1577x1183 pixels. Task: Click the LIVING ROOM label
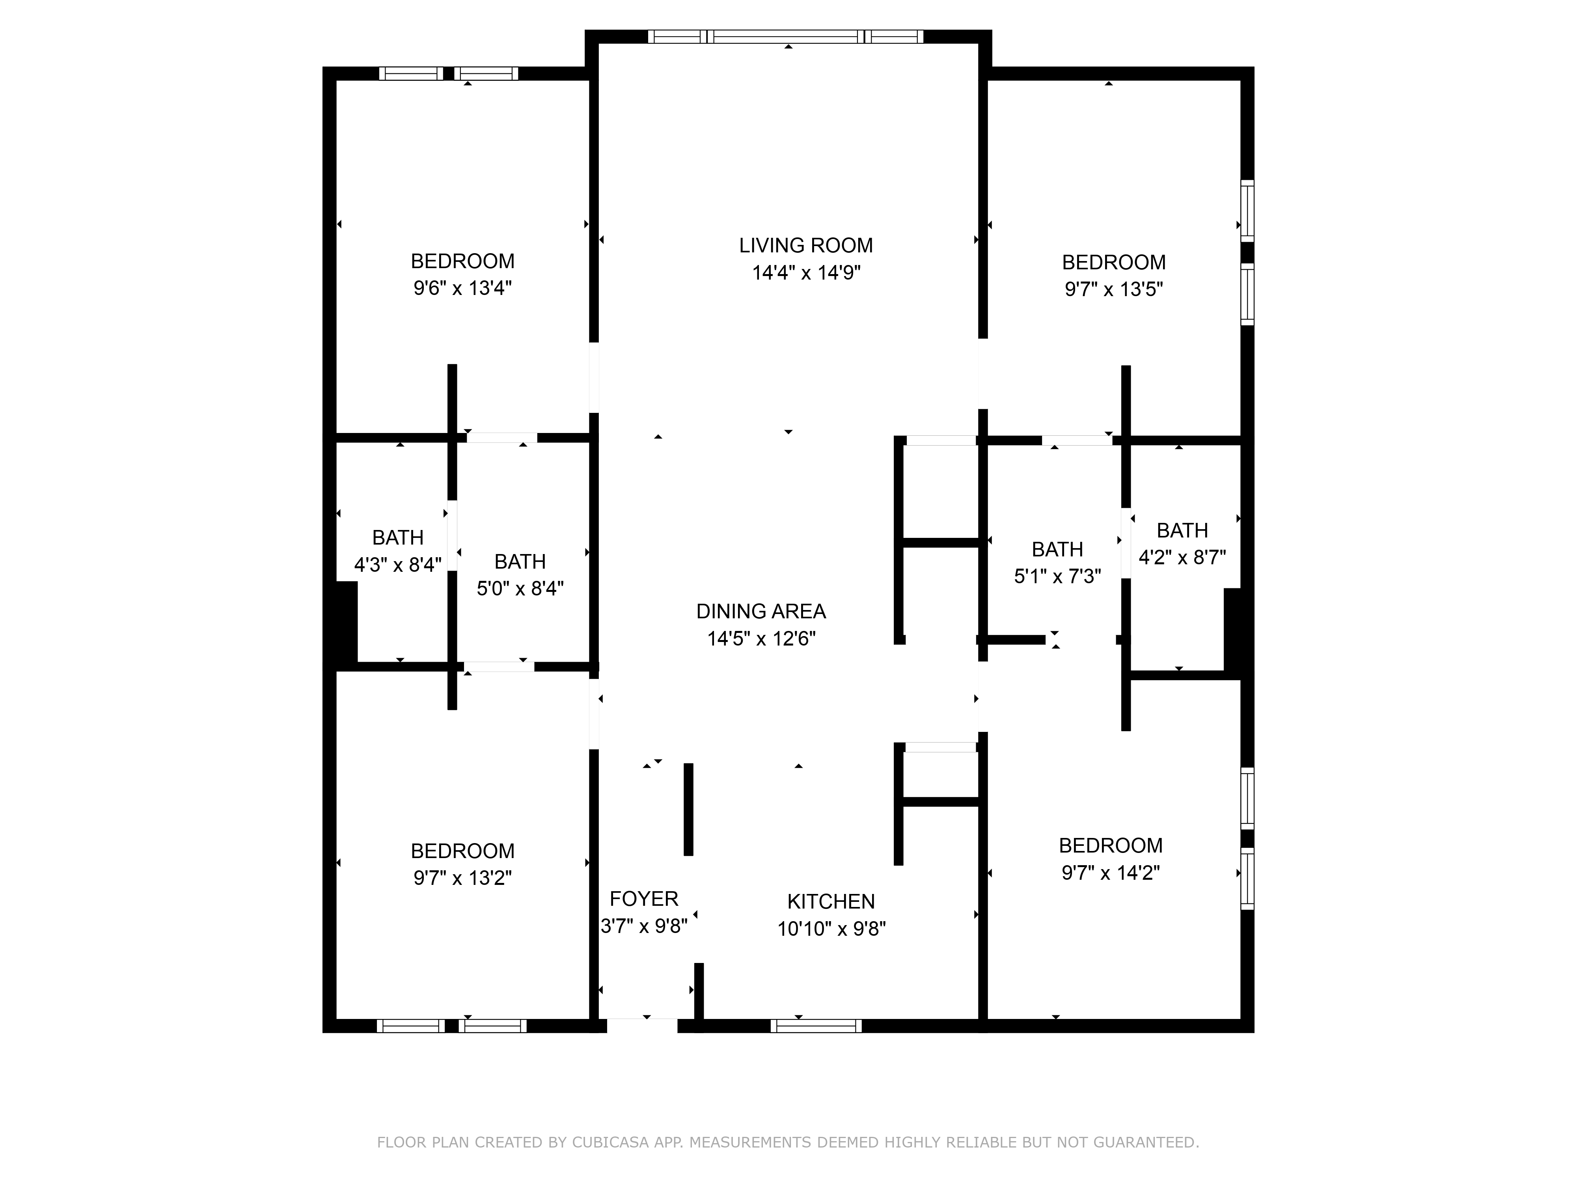(805, 245)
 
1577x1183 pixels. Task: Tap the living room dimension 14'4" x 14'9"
(806, 272)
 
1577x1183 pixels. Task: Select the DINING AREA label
(761, 611)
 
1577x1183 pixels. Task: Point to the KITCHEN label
(831, 901)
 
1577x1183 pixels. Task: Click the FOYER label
(644, 898)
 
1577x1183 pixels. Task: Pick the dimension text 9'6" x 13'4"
(463, 288)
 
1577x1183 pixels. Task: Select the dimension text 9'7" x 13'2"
(463, 878)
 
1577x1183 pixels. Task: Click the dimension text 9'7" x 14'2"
(1111, 873)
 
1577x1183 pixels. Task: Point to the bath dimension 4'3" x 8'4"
(398, 565)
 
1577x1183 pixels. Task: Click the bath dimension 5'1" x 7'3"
(1057, 576)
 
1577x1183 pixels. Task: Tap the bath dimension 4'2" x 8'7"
(1182, 558)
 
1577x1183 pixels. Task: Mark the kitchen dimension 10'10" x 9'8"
(831, 928)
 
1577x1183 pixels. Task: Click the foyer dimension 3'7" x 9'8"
(644, 926)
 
